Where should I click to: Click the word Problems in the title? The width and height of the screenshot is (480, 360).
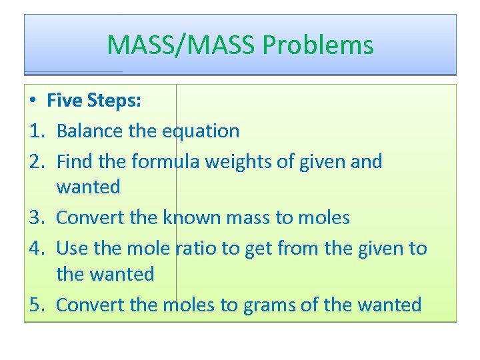point(318,45)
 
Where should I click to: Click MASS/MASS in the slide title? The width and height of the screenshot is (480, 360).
point(181,45)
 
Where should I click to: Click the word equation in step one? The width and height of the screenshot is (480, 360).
point(202,131)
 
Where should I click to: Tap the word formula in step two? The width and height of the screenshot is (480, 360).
point(172,161)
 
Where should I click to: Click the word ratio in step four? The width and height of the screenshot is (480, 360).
point(195,249)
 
